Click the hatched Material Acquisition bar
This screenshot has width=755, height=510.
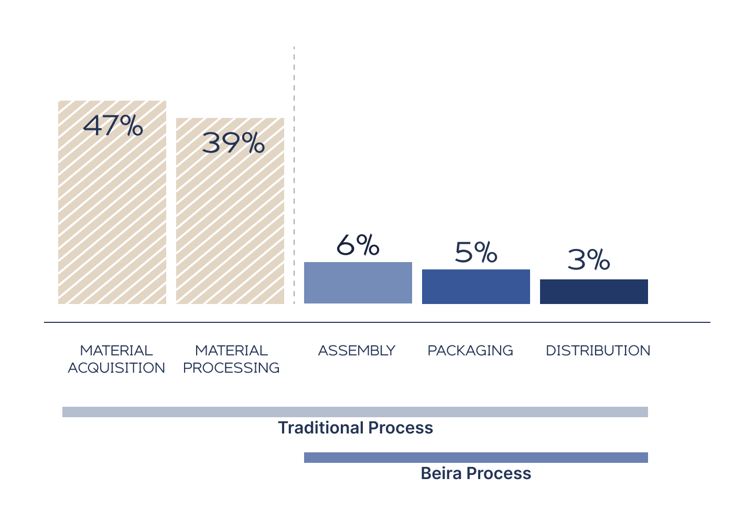(112, 210)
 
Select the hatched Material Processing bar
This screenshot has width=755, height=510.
(230, 220)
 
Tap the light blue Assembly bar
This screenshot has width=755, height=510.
(358, 283)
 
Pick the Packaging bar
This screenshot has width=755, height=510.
(476, 286)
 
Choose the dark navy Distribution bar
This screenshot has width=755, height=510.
(594, 291)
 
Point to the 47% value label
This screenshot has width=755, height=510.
(113, 126)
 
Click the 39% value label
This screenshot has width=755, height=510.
(233, 143)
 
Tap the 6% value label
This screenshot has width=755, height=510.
(358, 245)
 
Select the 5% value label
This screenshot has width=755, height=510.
(476, 253)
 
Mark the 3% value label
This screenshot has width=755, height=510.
(589, 259)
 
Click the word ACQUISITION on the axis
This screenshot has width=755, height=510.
(116, 368)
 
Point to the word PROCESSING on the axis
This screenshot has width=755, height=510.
(231, 368)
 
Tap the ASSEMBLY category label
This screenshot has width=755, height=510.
(357, 350)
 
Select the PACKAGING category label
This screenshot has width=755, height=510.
(470, 350)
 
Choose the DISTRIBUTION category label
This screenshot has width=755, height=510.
(598, 350)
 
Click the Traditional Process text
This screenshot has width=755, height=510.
(355, 428)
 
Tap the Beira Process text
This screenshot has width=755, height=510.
(476, 473)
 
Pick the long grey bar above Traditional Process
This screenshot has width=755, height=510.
(355, 412)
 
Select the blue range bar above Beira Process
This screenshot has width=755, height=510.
(476, 458)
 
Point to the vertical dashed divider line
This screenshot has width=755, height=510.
(294, 173)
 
